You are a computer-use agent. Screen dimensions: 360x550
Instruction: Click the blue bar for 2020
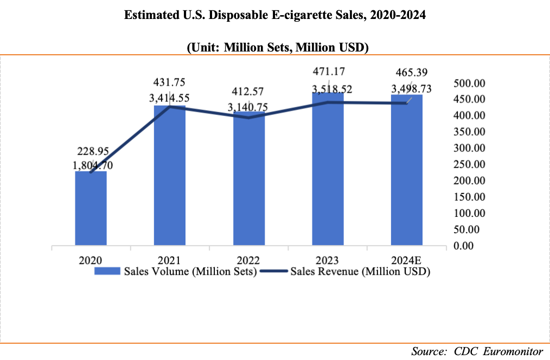pyautogui.click(x=91, y=209)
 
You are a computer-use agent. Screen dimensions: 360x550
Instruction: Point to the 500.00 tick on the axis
pyautogui.click(x=470, y=83)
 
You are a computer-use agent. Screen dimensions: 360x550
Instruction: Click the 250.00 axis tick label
pyautogui.click(x=470, y=164)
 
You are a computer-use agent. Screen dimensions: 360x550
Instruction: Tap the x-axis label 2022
pyautogui.click(x=249, y=259)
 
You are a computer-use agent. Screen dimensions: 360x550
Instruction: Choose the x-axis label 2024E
pyautogui.click(x=407, y=259)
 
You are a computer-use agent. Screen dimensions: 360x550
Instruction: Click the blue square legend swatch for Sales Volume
pyautogui.click(x=108, y=271)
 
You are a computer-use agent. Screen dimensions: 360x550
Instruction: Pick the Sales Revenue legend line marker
pyautogui.click(x=274, y=271)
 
